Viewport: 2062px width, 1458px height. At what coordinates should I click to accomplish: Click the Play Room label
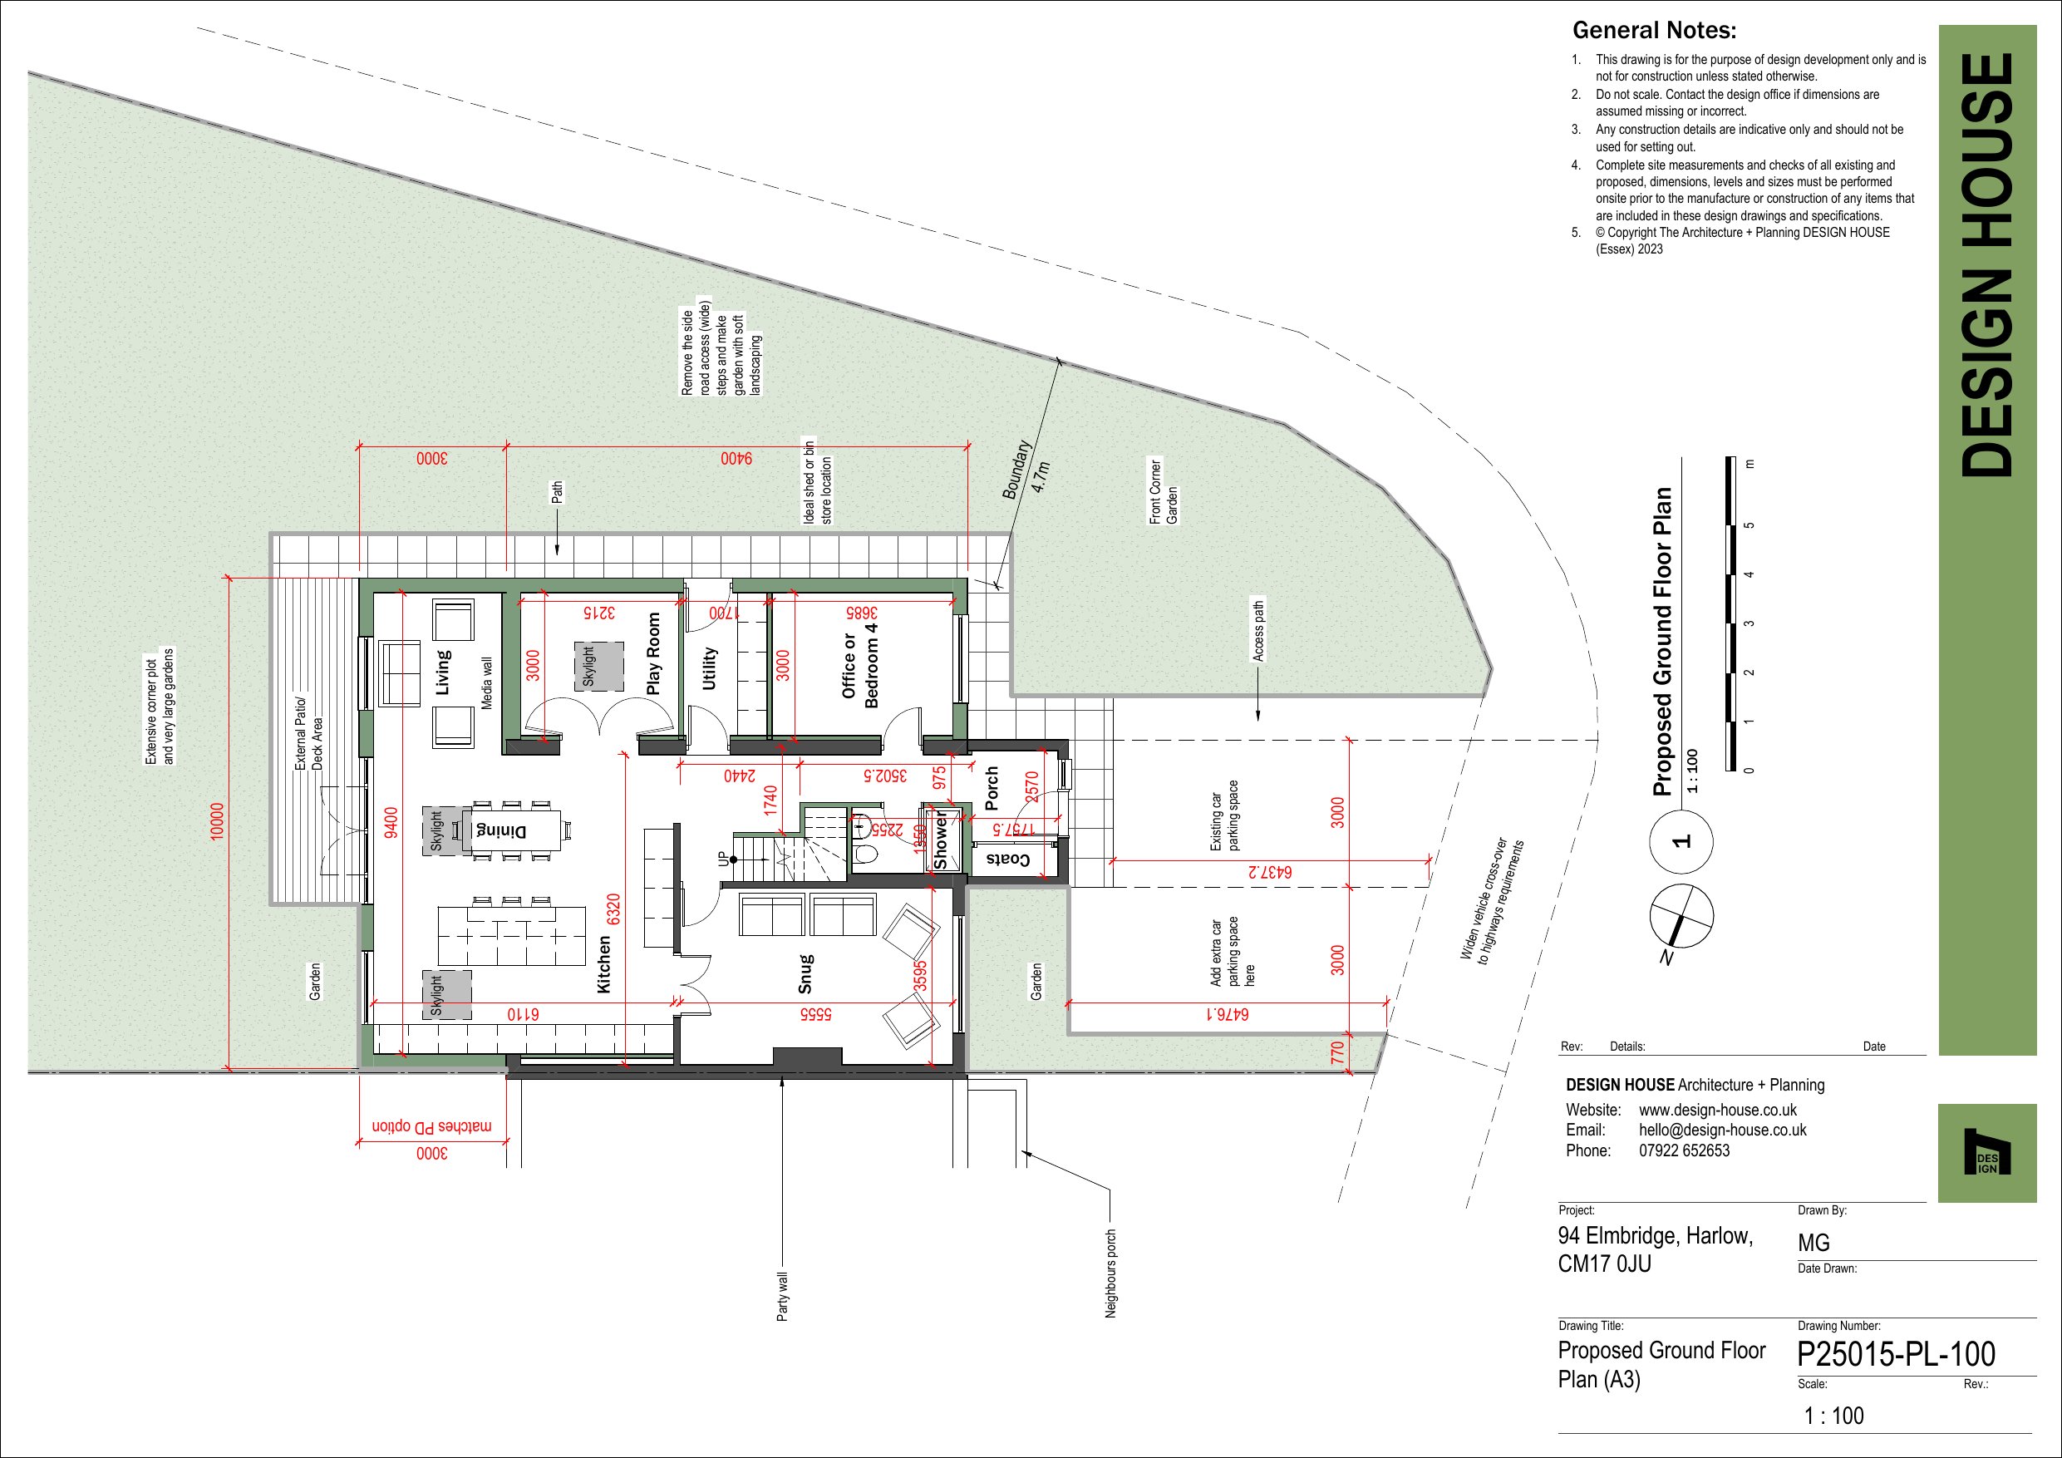[x=654, y=654]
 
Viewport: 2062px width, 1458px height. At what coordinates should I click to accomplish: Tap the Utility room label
[x=710, y=668]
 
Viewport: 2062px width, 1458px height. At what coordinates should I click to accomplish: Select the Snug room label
[x=805, y=973]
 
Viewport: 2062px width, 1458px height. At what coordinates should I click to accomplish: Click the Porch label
[x=992, y=788]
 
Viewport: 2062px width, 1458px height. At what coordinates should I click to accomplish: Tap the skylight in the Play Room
[x=599, y=667]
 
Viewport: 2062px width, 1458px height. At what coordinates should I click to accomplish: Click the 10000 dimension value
[x=216, y=822]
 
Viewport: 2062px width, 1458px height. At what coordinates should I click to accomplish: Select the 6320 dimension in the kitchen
[x=613, y=909]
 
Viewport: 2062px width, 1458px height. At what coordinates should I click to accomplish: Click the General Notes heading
[x=1654, y=31]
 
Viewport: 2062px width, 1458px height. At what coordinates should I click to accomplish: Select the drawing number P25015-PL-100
[x=1896, y=1354]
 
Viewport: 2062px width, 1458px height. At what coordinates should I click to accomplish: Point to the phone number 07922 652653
[x=1684, y=1150]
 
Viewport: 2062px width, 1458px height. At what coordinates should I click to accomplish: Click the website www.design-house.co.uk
[x=1718, y=1111]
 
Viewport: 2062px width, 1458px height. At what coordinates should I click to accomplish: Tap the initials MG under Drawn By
[x=1813, y=1244]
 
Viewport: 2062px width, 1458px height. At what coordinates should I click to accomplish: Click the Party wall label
[x=782, y=1296]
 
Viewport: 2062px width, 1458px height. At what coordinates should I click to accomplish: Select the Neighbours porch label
[x=1111, y=1273]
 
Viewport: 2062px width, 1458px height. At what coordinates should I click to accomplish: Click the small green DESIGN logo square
[x=1986, y=1153]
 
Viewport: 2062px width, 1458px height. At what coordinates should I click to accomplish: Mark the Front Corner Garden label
[x=1163, y=491]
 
